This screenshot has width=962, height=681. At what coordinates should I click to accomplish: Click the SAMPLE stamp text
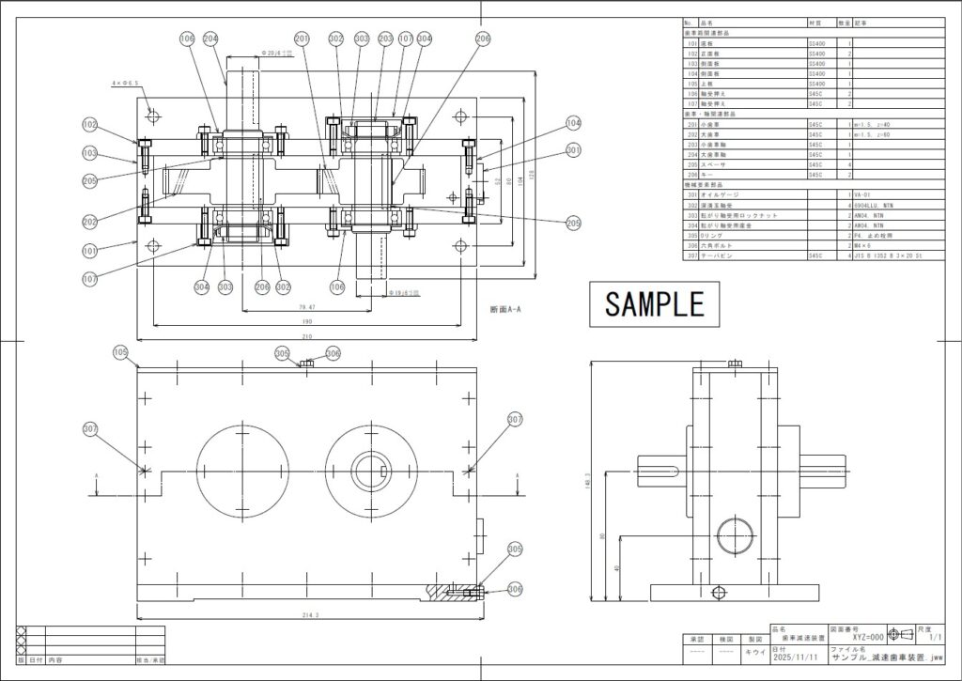coord(655,303)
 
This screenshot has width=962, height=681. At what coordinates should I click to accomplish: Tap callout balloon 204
coord(209,39)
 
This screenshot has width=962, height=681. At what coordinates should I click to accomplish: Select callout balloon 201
coord(302,39)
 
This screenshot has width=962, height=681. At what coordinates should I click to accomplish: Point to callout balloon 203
coord(385,39)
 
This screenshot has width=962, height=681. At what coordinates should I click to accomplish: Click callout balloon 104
coord(573,123)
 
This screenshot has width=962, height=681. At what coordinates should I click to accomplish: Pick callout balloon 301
coord(573,149)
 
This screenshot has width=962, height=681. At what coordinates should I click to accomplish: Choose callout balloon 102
coord(89,124)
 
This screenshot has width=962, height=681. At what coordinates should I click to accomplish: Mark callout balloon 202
coord(89,222)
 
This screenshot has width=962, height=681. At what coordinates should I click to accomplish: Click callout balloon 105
coord(119,352)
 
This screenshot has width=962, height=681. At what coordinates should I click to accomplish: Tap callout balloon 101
coord(89,251)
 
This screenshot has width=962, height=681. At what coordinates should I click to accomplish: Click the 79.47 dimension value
coord(305,306)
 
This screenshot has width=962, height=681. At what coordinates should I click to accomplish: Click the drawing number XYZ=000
coord(861,636)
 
